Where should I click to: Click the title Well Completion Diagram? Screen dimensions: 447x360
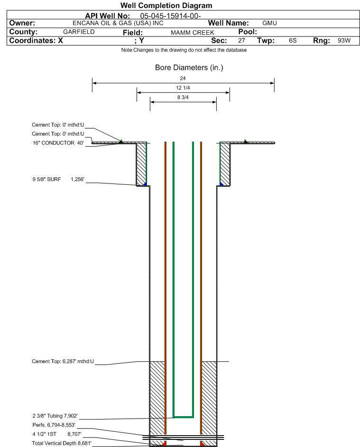coord(166,6)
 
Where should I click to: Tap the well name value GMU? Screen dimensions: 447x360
coord(269,23)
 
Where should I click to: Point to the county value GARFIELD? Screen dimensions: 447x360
coord(79,32)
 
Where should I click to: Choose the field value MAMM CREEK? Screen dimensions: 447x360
coord(193,33)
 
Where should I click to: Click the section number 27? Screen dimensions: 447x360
coord(241,41)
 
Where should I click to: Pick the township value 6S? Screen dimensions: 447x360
coord(293,41)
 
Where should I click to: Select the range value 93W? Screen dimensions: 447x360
coord(344,41)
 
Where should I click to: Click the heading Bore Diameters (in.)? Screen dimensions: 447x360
coord(189,68)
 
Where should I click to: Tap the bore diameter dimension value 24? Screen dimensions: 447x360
coord(183,78)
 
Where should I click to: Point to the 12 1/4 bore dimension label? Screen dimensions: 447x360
coord(183,88)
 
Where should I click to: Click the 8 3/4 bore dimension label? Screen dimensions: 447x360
coord(183,98)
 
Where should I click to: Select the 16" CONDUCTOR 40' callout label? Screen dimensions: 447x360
coord(58,143)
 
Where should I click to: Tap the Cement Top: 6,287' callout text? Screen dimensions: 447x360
coord(63,362)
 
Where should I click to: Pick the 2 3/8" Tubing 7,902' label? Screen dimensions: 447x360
coord(55,416)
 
